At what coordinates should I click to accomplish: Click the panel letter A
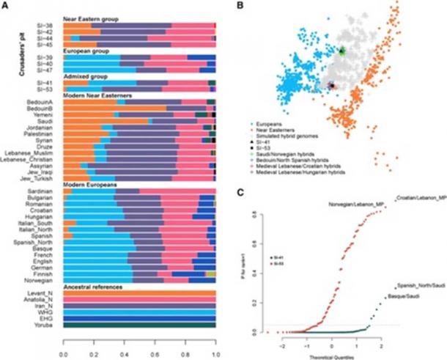6,4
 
